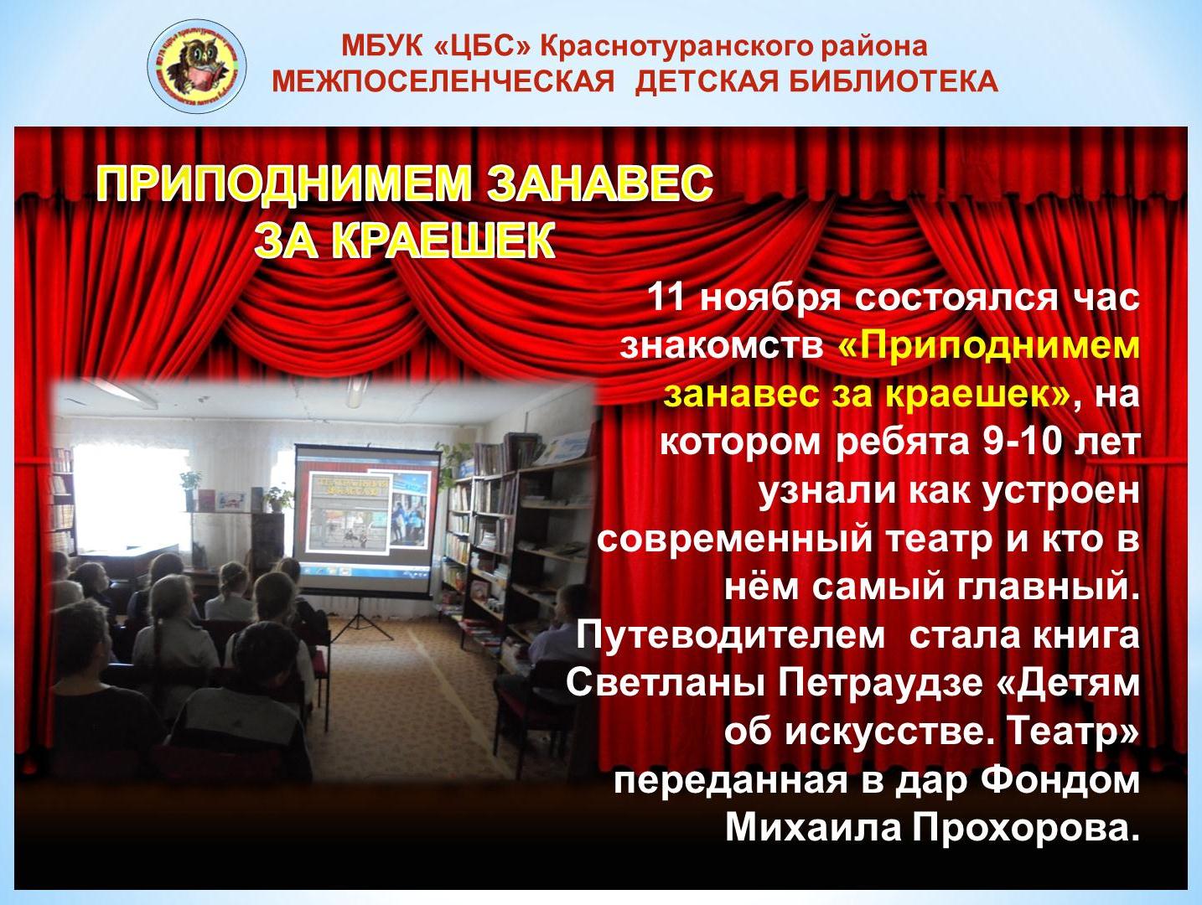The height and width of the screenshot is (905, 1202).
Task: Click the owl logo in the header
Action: point(197,66)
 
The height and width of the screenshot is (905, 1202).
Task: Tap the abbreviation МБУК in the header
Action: point(382,46)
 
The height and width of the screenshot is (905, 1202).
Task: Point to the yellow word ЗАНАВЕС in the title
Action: point(600,183)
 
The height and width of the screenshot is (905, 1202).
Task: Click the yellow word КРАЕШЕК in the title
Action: point(443,240)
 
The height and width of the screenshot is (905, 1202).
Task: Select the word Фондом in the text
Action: point(1059,781)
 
